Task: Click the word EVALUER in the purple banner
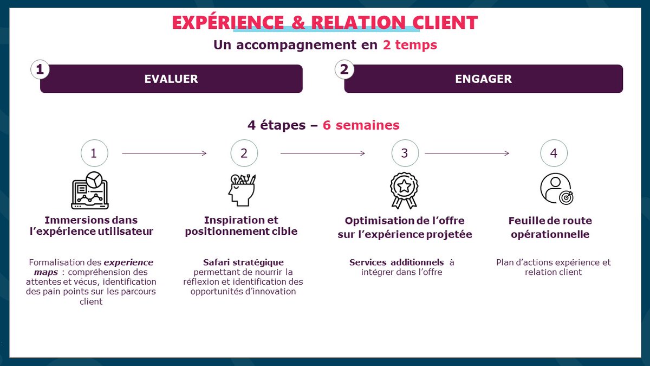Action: point(171,79)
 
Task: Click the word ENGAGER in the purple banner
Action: point(483,79)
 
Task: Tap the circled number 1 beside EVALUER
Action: point(39,69)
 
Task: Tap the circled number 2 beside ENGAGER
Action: point(343,69)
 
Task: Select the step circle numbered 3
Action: point(405,153)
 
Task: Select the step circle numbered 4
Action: point(554,153)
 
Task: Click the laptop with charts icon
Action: point(90,190)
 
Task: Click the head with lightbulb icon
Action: point(241,190)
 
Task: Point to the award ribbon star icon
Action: point(404,190)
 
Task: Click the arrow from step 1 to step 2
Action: point(164,153)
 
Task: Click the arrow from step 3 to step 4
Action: point(466,153)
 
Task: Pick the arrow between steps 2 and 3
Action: point(322,153)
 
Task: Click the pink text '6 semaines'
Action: point(361,125)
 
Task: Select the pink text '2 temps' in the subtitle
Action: point(409,45)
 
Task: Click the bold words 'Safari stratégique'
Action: point(243,262)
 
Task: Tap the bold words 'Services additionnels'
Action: point(396,262)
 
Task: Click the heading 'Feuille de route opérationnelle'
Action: point(550,228)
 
